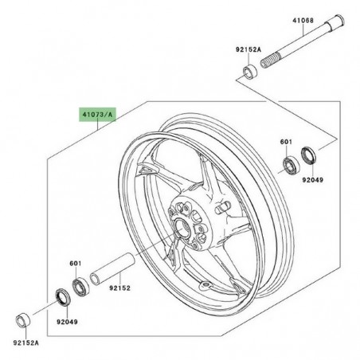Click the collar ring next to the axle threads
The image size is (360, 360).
click(x=248, y=75)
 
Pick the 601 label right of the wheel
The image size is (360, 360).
click(x=285, y=143)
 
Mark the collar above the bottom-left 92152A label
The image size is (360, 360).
click(x=25, y=322)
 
